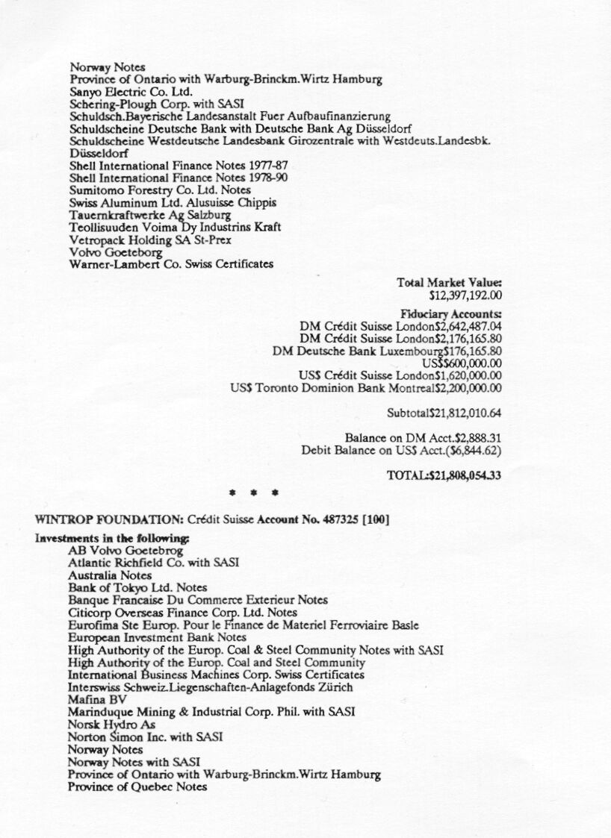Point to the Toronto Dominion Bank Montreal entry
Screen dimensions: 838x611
pos(366,388)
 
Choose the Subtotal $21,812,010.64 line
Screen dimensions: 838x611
pos(444,413)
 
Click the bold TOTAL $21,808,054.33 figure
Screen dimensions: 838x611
pos(444,475)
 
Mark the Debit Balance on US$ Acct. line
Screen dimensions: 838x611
pos(401,451)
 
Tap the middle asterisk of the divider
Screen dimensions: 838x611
pos(255,493)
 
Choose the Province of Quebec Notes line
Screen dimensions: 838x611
pos(137,787)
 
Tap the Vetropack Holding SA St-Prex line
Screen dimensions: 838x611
pos(150,240)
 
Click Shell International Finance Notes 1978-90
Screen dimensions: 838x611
pos(179,178)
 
